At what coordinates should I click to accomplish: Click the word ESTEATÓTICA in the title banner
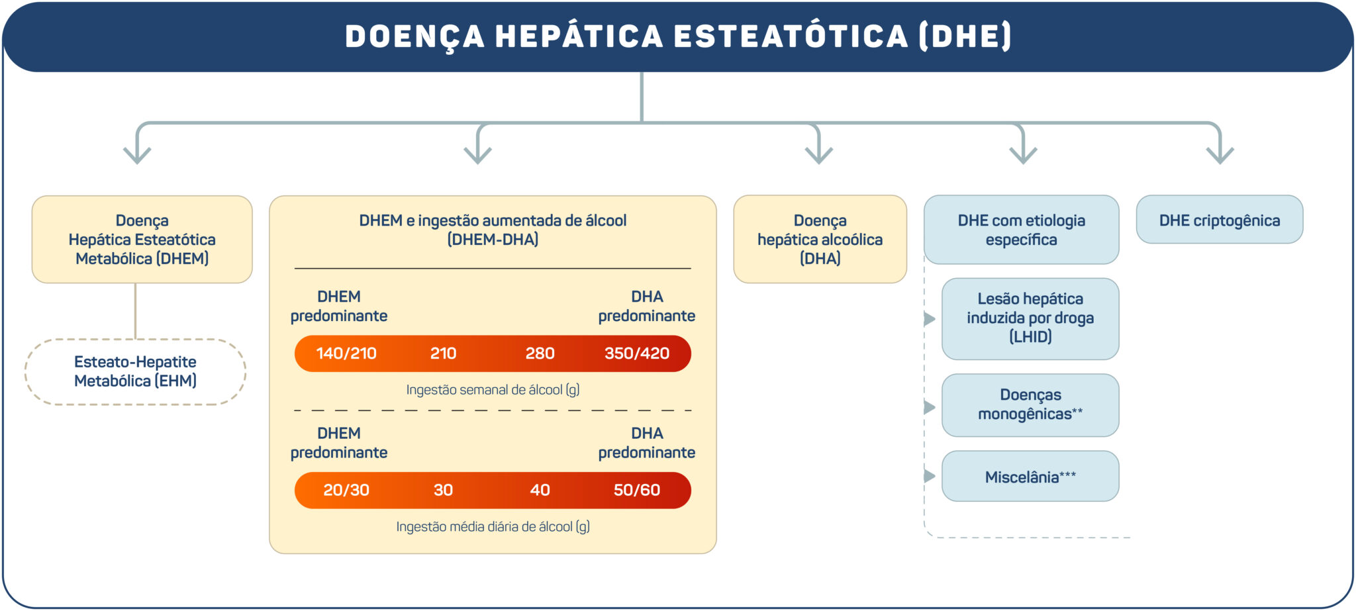pyautogui.click(x=791, y=36)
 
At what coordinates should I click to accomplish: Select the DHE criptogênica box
pyautogui.click(x=1219, y=220)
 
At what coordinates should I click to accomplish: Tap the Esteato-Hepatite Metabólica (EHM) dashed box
pyautogui.click(x=135, y=371)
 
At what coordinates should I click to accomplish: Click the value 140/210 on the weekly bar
pyautogui.click(x=346, y=353)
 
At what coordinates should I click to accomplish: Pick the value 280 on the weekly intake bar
pyautogui.click(x=540, y=353)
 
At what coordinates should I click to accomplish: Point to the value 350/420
pyautogui.click(x=636, y=353)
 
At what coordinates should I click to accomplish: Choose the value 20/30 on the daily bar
pyautogui.click(x=346, y=490)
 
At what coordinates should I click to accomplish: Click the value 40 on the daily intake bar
pyautogui.click(x=540, y=490)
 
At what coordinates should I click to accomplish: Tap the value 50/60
pyautogui.click(x=636, y=490)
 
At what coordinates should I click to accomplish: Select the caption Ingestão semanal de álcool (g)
pyautogui.click(x=493, y=390)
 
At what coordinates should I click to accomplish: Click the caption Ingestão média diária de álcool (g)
pyautogui.click(x=493, y=527)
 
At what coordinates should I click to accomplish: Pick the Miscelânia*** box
pyautogui.click(x=1030, y=477)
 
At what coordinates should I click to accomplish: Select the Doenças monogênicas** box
pyautogui.click(x=1030, y=404)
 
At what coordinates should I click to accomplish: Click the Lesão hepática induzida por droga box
pyautogui.click(x=1030, y=318)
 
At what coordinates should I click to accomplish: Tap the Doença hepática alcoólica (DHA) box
pyautogui.click(x=820, y=239)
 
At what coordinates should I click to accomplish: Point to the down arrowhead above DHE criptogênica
pyautogui.click(x=1220, y=156)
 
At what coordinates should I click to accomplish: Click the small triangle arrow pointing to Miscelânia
pyautogui.click(x=930, y=476)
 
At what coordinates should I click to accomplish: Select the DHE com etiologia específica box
pyautogui.click(x=1021, y=230)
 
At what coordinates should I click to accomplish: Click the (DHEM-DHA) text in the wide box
pyautogui.click(x=493, y=240)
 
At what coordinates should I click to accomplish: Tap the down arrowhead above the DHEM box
pyautogui.click(x=137, y=156)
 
